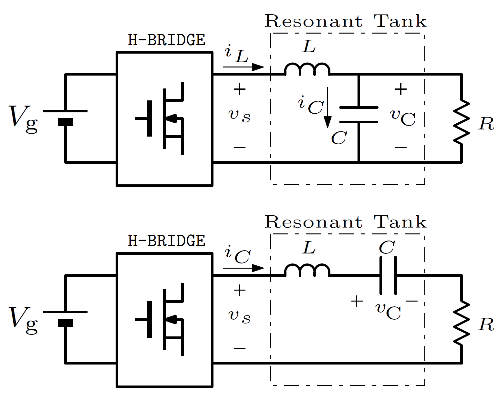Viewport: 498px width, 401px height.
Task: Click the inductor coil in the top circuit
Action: [x=307, y=69]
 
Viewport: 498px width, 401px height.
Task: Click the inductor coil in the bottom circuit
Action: [x=307, y=270]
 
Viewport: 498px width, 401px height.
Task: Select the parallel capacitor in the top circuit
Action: [x=359, y=115]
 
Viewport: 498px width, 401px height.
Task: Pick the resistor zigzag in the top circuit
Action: [x=462, y=122]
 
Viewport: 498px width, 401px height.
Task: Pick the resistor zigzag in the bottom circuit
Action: [x=462, y=323]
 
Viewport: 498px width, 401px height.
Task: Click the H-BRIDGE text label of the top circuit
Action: [x=167, y=40]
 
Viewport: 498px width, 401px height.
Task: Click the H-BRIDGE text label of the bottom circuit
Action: [x=167, y=241]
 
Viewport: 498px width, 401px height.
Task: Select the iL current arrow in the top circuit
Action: [x=244, y=67]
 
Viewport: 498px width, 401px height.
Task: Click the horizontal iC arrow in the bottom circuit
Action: [x=244, y=268]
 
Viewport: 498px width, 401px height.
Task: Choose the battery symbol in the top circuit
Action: [x=66, y=117]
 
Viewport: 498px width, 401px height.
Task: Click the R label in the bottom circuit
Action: [x=486, y=325]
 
